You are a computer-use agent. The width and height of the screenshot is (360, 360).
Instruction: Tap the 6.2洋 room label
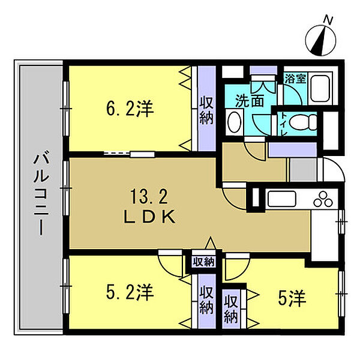pos(130,109)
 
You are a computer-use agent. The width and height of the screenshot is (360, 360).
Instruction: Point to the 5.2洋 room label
pos(130,292)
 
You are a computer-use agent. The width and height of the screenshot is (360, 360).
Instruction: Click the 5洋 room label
pos(292,298)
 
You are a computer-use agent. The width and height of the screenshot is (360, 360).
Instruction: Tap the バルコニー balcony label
pos(41,194)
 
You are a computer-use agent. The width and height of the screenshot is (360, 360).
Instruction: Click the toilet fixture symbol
pos(303,122)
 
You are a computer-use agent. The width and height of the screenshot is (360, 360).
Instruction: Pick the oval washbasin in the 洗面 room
pos(234,122)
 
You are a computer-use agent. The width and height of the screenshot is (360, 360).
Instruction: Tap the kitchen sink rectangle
pos(282,199)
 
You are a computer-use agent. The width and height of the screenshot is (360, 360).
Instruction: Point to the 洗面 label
pos(250,101)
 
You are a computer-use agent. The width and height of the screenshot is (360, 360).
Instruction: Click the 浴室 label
pos(295,79)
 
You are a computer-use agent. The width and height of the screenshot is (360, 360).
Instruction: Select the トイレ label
pos(283,124)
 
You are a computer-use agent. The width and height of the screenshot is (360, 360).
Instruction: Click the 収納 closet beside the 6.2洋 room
pos(206,109)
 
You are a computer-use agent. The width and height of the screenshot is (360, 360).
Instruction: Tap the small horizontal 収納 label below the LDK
pos(203,262)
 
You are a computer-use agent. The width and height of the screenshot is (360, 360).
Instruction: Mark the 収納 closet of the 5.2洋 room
pos(206,301)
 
